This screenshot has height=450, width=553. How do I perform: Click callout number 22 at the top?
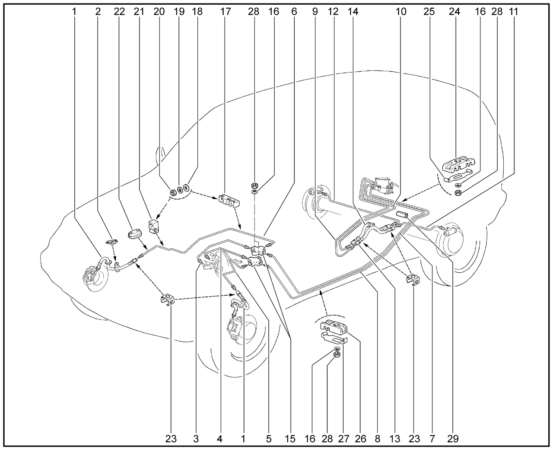[x=119, y=12]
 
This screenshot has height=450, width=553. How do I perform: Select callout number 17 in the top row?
[x=226, y=12]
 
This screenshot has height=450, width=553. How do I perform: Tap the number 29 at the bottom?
[x=453, y=439]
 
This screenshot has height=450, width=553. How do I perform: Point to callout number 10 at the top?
[x=401, y=12]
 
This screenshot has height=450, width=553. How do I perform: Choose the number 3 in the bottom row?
[x=196, y=439]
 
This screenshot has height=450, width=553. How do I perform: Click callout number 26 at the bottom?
[x=360, y=439]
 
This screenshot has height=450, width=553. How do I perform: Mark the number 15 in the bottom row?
[x=290, y=439]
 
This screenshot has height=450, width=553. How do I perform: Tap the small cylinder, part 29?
[x=402, y=216]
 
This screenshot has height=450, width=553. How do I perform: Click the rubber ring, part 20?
[x=173, y=192]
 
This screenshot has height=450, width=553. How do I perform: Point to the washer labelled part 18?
[x=186, y=187]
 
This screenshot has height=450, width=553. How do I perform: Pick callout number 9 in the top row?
[x=315, y=12]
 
